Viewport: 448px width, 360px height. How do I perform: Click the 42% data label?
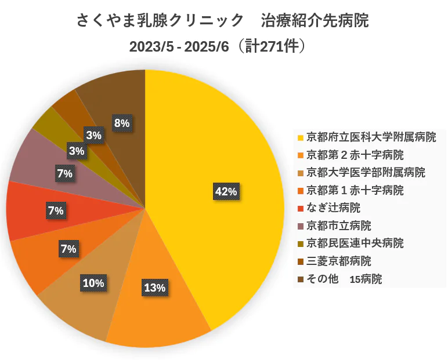[226, 191]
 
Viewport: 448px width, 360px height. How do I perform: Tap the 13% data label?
[154, 287]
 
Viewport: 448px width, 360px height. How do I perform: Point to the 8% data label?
[122, 123]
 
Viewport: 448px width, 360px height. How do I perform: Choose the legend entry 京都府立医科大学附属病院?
[371, 137]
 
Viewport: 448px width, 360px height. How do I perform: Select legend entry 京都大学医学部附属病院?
[365, 172]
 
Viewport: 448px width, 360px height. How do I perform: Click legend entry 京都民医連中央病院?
[355, 243]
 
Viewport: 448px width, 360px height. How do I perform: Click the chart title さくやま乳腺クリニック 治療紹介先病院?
[223, 21]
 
